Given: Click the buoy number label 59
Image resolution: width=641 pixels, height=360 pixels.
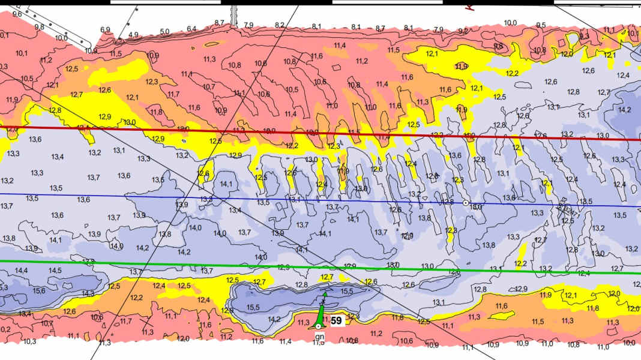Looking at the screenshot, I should click(337, 321).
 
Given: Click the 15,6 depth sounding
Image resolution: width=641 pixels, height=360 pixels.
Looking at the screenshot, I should click(39, 290).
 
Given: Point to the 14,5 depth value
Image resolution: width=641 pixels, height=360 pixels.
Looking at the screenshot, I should click(55, 271).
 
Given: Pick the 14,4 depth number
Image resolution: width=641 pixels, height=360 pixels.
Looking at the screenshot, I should click(22, 271).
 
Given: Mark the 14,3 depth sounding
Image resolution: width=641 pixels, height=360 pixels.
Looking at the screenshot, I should click(88, 293).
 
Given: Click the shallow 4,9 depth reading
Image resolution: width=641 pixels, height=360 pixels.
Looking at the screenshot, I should click(133, 35).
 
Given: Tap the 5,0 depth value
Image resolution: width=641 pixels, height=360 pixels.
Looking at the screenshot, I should click(164, 31).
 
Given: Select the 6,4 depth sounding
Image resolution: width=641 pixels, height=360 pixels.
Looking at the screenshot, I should click(191, 29).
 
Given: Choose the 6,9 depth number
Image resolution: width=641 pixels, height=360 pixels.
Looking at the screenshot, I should click(106, 29).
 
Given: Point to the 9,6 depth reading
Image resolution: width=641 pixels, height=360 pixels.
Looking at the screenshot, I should click(17, 13).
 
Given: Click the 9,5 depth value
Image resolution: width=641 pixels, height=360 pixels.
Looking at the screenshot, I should click(541, 25).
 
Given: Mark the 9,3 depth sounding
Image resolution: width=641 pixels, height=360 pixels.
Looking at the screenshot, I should click(584, 36).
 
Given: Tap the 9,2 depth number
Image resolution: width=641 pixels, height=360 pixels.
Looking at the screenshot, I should click(463, 31).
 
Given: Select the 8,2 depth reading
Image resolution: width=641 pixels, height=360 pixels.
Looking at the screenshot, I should click(280, 25).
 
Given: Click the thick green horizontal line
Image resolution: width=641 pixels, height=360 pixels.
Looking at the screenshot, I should click(180, 265).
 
